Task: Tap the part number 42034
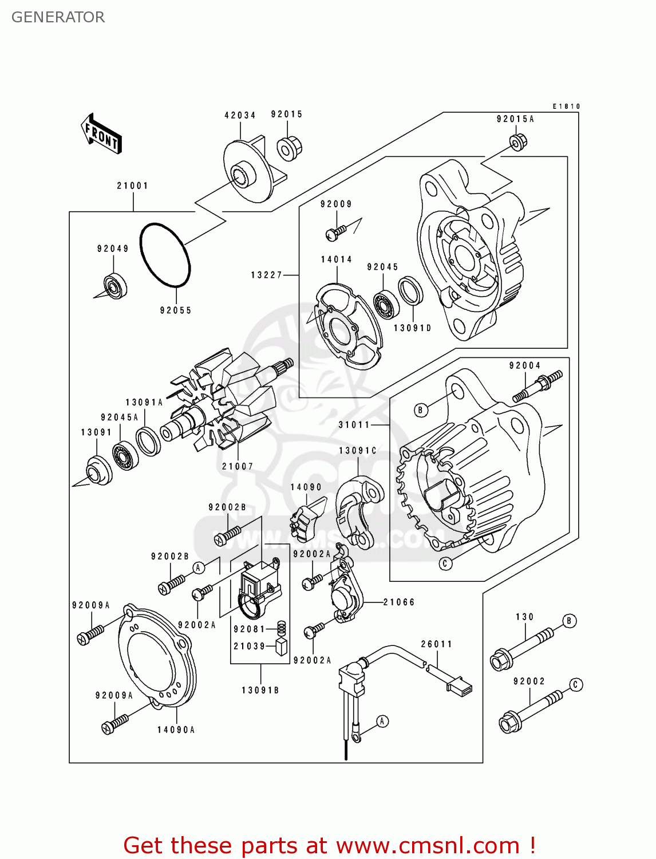[240, 115]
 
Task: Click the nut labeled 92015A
[517, 142]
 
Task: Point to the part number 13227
[267, 275]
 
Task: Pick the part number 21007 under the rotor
[238, 466]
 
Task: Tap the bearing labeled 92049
[115, 286]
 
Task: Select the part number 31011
[354, 424]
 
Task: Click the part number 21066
[399, 602]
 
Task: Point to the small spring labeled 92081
[281, 628]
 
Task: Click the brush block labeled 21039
[281, 647]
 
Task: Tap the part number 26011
[437, 644]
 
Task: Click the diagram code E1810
[566, 107]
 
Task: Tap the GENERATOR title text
[58, 17]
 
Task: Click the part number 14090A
[176, 730]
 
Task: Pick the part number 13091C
[358, 451]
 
